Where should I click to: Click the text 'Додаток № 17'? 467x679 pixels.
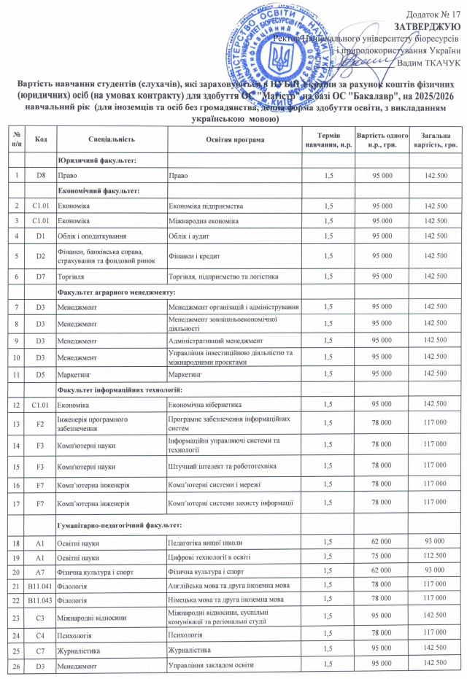click(435, 13)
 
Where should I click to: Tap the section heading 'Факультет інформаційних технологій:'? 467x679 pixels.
click(119, 392)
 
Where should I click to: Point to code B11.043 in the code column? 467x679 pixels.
click(40, 599)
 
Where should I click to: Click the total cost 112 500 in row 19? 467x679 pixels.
click(433, 556)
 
